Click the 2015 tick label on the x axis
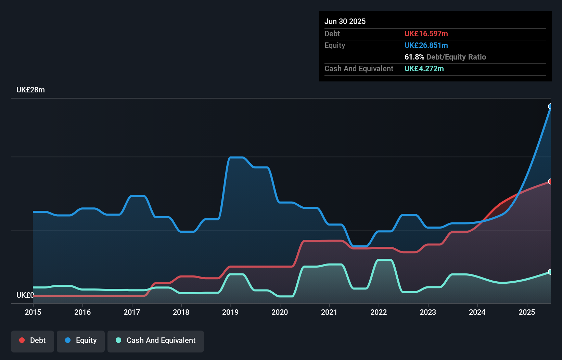pos(33,312)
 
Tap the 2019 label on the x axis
pos(230,312)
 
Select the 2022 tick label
pos(379,312)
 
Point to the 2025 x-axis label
pos(526,312)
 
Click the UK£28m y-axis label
pos(30,90)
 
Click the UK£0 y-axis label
pos(25,295)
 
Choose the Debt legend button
pos(33,340)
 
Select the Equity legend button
pos(81,340)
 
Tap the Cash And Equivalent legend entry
pos(156,340)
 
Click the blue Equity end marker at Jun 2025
pos(550,106)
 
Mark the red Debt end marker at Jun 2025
pos(550,181)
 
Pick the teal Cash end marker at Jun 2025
pos(550,272)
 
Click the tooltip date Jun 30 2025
pos(345,21)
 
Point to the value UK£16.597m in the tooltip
pos(426,34)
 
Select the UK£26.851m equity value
pos(426,45)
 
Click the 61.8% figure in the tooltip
pos(414,57)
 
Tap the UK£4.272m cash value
pos(424,68)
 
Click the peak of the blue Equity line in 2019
pos(236,157)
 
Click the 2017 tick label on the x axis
pos(132,312)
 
